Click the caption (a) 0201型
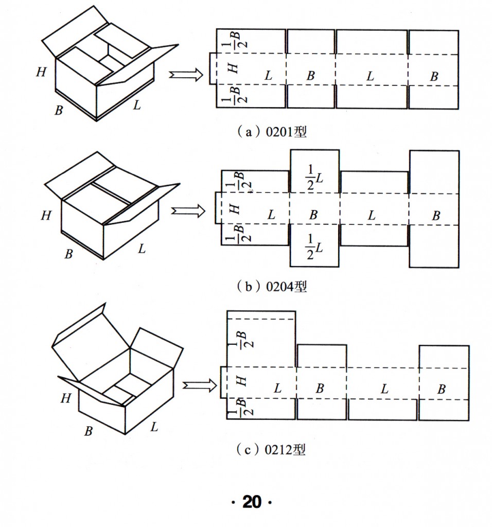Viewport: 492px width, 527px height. (271, 132)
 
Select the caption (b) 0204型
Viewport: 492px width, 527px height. (271, 287)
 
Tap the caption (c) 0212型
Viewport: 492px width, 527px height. (271, 450)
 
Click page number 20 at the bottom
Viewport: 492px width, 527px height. (252, 502)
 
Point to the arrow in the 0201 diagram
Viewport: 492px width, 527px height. (186, 75)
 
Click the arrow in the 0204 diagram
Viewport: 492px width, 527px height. (187, 211)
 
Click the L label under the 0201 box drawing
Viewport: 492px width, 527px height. (136, 106)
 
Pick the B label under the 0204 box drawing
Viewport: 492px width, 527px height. (69, 253)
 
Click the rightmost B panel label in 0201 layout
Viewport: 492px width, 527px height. (434, 76)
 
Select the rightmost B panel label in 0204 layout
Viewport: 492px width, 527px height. (435, 216)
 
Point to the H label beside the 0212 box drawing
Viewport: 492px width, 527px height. (65, 398)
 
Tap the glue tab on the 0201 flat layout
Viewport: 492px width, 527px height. (212, 68)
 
